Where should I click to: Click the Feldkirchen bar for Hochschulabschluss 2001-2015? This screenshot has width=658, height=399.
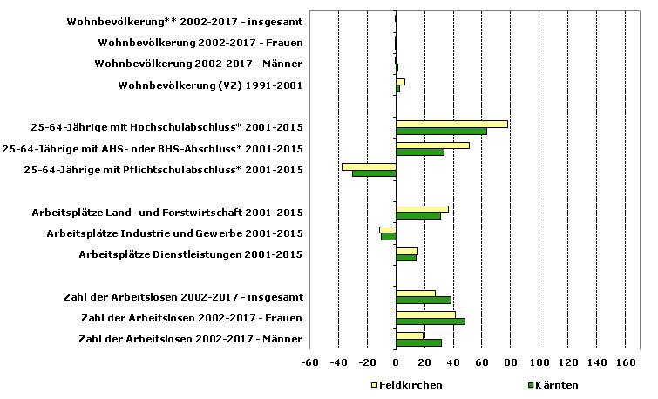click(451, 124)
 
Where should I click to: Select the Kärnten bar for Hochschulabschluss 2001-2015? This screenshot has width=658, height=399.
click(441, 132)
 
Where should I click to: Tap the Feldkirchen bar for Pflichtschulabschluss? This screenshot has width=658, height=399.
click(369, 166)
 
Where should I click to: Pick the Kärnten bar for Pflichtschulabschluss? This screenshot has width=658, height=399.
click(374, 173)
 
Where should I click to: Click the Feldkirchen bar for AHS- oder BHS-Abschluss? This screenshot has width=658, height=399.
click(432, 145)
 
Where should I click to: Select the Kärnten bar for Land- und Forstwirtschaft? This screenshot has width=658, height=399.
click(418, 215)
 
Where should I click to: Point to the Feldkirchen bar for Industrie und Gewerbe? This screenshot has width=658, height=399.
click(387, 229)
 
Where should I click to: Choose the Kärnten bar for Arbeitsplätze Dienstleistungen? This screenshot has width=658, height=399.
click(406, 258)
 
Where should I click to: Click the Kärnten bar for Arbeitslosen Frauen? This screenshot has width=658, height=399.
click(430, 321)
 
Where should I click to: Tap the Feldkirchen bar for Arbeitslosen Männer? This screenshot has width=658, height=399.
click(409, 335)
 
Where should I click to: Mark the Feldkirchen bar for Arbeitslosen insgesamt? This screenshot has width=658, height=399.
click(415, 293)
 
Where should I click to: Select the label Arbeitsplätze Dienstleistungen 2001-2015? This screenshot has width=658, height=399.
click(191, 254)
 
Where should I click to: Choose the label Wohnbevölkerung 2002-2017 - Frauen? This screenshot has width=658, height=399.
click(200, 42)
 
